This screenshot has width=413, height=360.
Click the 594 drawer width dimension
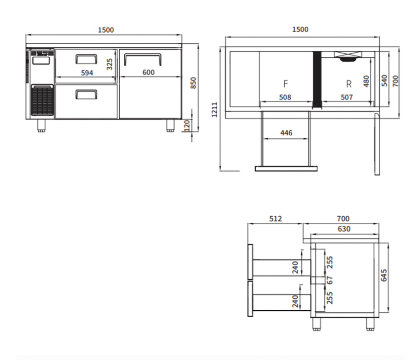[x=87, y=73]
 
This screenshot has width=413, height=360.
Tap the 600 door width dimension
[x=148, y=72]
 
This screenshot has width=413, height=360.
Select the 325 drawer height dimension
[x=110, y=64]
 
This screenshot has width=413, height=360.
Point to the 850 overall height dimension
[x=193, y=82]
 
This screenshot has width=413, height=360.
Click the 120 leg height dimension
[x=187, y=125]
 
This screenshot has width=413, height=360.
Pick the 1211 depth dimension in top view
[x=214, y=109]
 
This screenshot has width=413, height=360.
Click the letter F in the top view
[x=286, y=84]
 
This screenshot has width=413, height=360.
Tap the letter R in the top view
[x=349, y=84]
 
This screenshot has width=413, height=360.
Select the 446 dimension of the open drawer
[x=286, y=133]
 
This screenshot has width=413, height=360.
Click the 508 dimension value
[x=285, y=97]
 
